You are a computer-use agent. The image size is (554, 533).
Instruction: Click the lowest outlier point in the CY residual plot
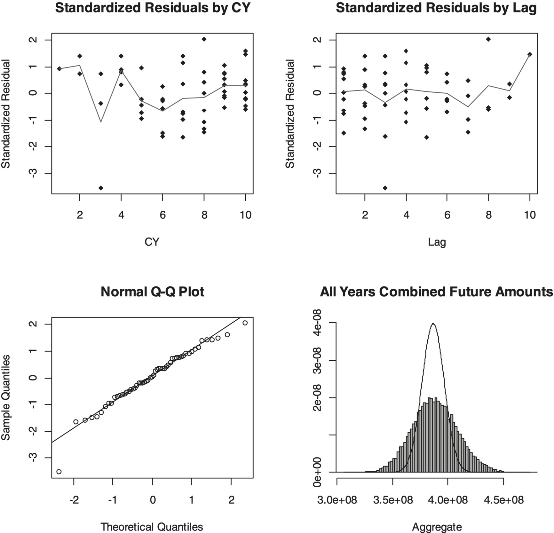coord(101,188)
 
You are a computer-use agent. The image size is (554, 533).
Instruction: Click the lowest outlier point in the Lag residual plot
coord(385,188)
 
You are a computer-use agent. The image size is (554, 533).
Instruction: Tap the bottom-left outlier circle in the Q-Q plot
coord(59,472)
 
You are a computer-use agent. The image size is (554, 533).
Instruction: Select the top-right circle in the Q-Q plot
coord(245,323)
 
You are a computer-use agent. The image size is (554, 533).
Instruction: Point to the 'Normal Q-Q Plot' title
coord(152,292)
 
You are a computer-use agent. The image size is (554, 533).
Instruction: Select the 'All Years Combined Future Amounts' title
coord(436,292)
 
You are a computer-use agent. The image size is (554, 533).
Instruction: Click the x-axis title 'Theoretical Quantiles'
coord(152,527)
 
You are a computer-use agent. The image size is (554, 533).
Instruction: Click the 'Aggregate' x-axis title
coord(437,527)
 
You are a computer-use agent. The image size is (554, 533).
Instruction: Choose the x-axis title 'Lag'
coord(437,242)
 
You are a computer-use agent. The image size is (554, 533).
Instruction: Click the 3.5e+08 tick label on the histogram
coord(393,500)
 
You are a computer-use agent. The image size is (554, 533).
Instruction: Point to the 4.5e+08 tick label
coord(504,500)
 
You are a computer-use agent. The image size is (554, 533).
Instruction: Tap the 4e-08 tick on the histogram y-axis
coord(317,323)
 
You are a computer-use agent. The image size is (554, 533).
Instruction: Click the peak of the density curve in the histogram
coord(433,324)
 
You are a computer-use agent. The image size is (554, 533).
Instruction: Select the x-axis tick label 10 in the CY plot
coord(245,215)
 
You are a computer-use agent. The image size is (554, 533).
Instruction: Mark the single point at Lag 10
coord(530,54)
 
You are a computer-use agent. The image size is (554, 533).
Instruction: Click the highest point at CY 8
coord(204,39)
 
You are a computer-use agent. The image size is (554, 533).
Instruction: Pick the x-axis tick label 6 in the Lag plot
coord(447,215)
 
